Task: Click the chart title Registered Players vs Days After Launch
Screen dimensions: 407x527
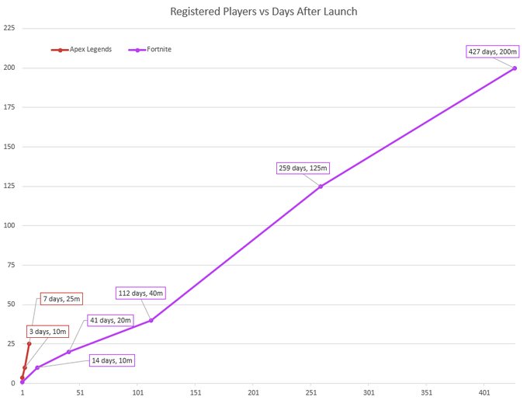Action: (x=263, y=12)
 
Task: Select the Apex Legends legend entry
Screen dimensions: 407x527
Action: (x=84, y=49)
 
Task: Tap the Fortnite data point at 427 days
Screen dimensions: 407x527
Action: (x=515, y=68)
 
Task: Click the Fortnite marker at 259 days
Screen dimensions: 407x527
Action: (x=321, y=186)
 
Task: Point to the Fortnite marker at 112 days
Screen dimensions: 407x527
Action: (x=151, y=320)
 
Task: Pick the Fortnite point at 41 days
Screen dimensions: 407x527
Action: (x=68, y=352)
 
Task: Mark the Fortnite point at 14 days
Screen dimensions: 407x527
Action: (x=37, y=367)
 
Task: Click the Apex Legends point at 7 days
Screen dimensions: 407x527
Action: (x=29, y=343)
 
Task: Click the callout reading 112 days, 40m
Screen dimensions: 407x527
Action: (x=140, y=293)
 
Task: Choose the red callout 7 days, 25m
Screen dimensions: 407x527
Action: (x=61, y=299)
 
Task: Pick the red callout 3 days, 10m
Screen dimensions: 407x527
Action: (x=48, y=332)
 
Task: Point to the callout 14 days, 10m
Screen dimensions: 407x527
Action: (x=113, y=360)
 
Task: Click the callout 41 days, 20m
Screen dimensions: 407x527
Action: (x=111, y=320)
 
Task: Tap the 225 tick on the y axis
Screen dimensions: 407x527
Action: (x=9, y=28)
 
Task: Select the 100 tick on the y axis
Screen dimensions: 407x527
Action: (x=9, y=225)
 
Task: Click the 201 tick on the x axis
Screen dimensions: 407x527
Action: (x=253, y=393)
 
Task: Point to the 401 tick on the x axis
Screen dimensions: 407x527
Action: (x=484, y=393)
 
